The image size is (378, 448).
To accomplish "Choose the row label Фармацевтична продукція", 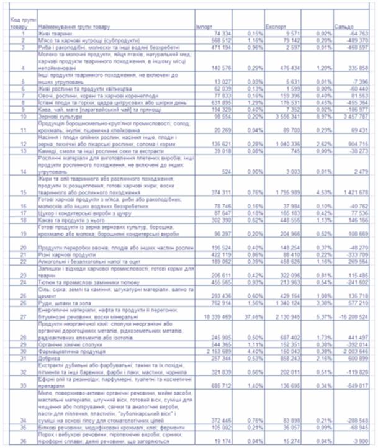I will tap(69, 349).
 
